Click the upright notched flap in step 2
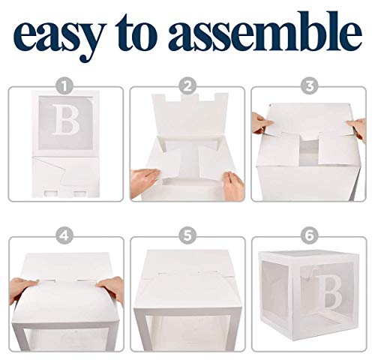click(x=187, y=120)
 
